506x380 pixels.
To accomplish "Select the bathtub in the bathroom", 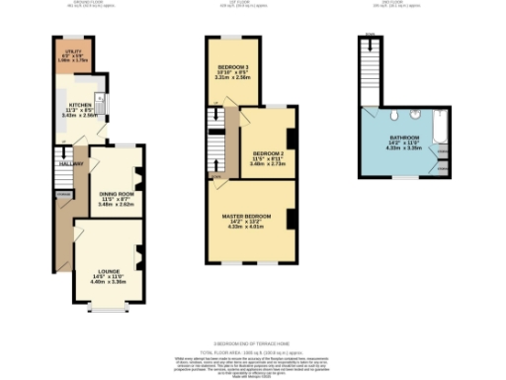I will click(440, 131).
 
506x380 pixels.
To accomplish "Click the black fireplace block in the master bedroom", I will click(291, 219).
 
